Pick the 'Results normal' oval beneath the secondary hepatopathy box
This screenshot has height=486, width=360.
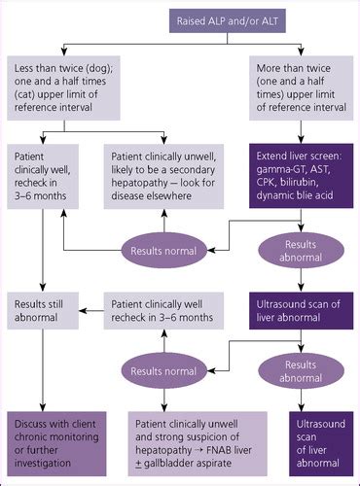(x=162, y=251)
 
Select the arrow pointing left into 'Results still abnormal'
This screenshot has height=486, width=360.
(x=92, y=312)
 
